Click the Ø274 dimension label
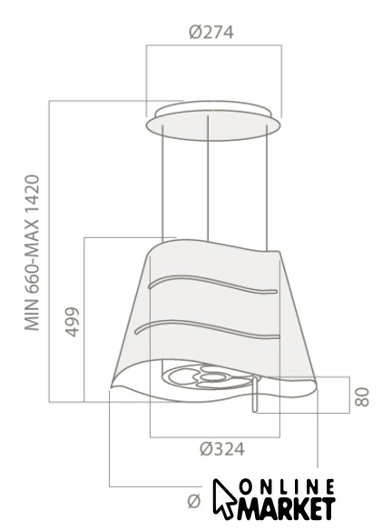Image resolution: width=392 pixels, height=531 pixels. click(x=211, y=33)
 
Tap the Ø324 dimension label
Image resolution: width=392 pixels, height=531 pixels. click(x=222, y=449)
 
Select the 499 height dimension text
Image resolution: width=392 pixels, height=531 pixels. click(x=72, y=322)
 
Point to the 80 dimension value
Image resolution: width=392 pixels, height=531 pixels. click(x=362, y=397)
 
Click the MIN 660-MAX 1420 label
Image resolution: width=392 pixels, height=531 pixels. click(x=33, y=253)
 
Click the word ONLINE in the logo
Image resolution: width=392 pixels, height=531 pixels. click(x=287, y=488)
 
